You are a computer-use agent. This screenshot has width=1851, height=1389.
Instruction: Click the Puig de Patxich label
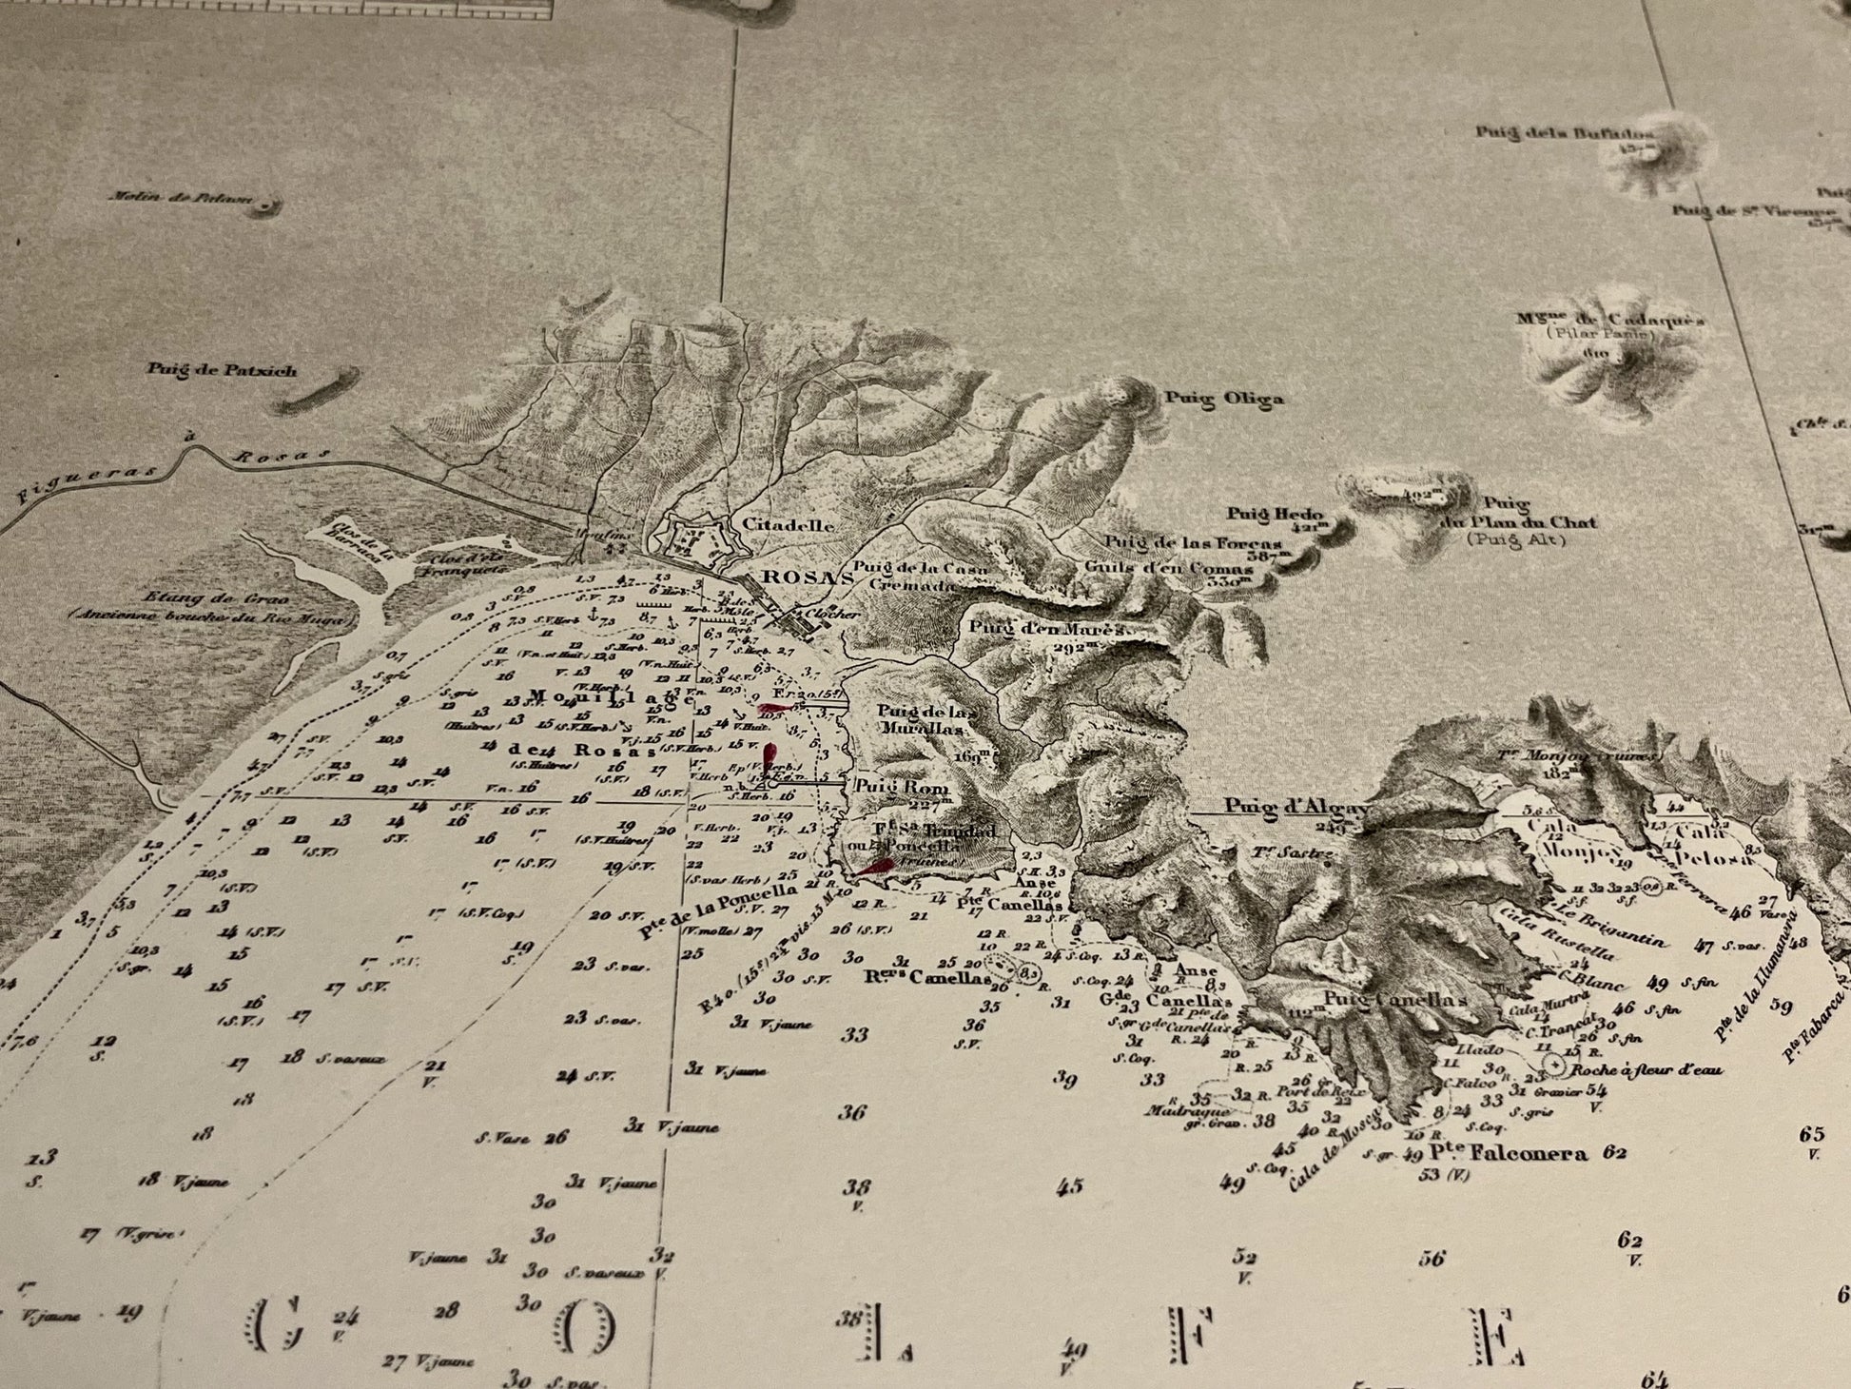coord(222,370)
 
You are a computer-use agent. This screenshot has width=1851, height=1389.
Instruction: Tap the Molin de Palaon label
coord(181,199)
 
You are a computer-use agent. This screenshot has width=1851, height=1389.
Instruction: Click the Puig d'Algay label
coord(1296,808)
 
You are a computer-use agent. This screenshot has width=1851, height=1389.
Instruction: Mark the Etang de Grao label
coord(191,598)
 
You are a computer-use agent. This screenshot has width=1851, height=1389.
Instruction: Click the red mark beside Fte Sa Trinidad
coord(873,867)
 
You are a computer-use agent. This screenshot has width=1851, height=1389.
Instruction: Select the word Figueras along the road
coord(59,485)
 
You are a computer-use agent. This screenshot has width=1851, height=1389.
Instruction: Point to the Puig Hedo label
coord(1275,514)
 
